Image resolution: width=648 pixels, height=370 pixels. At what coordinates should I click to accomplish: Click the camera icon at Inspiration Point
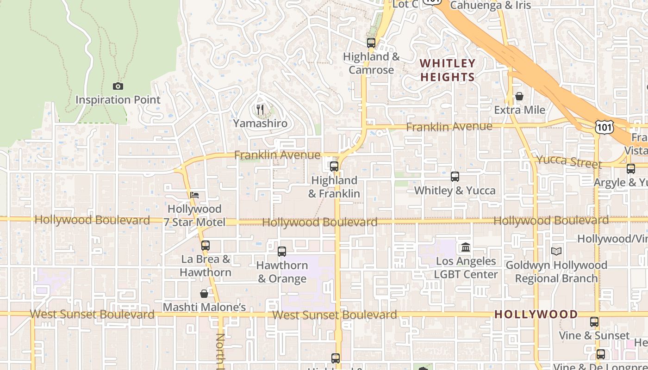(118, 86)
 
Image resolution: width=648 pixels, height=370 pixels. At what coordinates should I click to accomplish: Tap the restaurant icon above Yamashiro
(260, 110)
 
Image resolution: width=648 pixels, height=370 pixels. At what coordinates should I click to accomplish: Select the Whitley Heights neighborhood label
(447, 70)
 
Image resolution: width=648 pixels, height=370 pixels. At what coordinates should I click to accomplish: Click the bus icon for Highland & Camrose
(371, 43)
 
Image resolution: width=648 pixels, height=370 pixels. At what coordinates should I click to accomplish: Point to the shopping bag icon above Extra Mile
(519, 96)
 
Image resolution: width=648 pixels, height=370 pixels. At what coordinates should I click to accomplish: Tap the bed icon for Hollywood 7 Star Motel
(194, 195)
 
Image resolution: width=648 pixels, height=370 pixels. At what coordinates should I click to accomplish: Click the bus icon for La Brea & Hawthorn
(205, 246)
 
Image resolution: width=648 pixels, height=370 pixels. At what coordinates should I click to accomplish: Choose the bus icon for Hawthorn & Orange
(282, 252)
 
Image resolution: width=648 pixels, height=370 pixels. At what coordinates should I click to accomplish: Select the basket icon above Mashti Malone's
(204, 294)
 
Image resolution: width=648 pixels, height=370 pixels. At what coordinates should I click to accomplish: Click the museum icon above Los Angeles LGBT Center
(466, 247)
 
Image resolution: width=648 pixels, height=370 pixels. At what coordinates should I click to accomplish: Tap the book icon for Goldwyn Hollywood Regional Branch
(556, 252)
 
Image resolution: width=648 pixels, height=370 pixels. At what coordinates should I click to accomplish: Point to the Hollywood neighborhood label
(536, 314)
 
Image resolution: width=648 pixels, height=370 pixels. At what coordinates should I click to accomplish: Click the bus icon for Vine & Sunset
(594, 322)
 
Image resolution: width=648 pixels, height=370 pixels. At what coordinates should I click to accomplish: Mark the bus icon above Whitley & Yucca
(455, 177)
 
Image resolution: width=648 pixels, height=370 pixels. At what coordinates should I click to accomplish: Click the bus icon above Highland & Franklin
(334, 166)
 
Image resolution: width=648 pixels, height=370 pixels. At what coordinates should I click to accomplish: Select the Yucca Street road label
(569, 161)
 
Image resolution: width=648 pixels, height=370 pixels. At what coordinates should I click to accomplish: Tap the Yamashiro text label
(260, 123)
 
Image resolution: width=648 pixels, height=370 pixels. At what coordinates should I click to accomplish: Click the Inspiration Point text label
(118, 100)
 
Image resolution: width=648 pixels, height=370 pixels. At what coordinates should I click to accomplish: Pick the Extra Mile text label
(519, 110)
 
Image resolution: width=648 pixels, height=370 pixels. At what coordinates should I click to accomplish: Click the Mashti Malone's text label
(204, 307)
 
